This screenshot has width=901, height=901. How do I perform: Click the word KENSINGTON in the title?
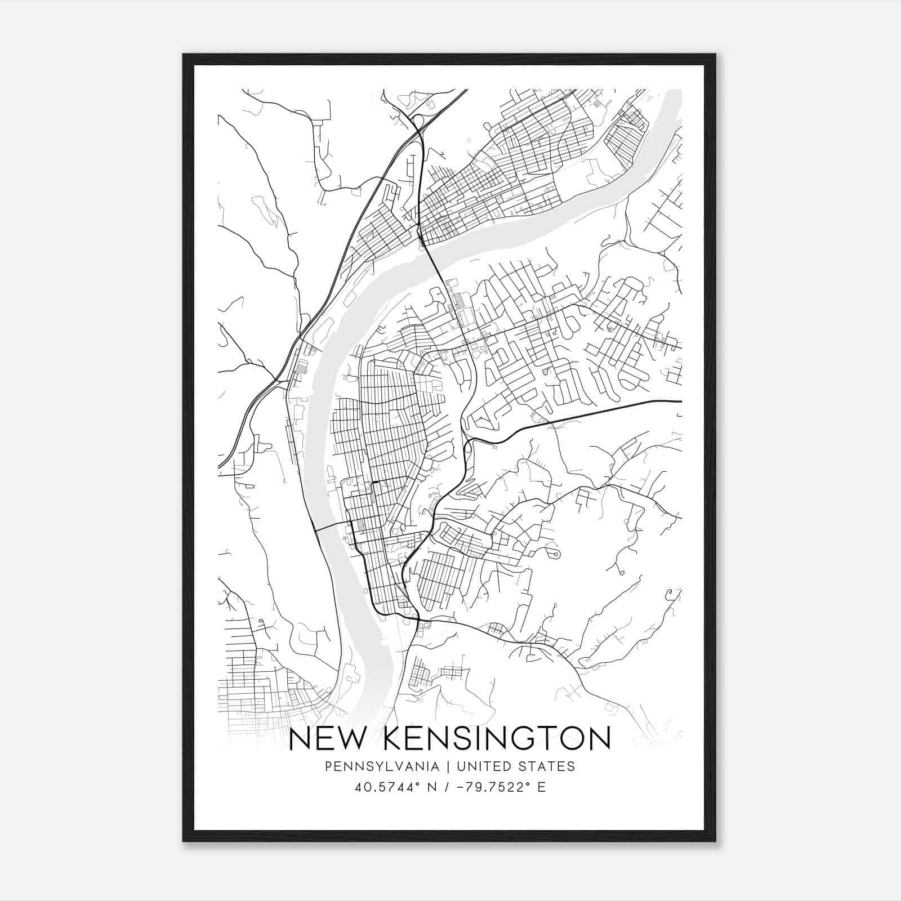pyautogui.click(x=498, y=739)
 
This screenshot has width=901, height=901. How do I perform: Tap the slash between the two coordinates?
pyautogui.click(x=446, y=787)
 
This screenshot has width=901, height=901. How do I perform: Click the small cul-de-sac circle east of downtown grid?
pyautogui.click(x=557, y=555)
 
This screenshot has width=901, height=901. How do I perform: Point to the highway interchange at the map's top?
pyautogui.click(x=417, y=121)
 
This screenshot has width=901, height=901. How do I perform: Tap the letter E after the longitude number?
pyautogui.click(x=541, y=787)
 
